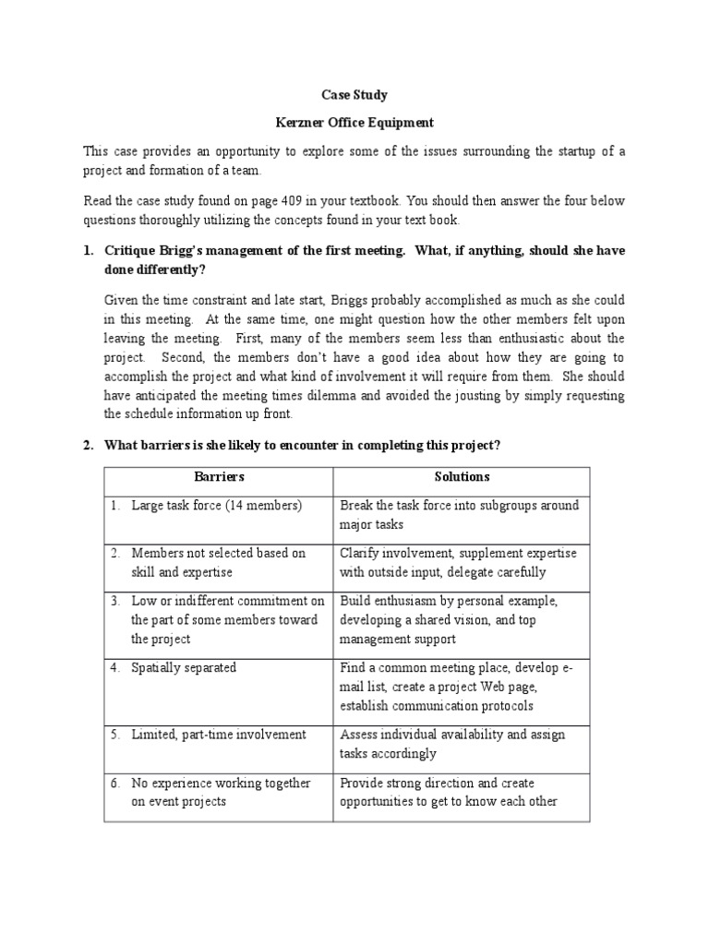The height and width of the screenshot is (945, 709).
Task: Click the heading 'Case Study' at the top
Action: tap(354, 94)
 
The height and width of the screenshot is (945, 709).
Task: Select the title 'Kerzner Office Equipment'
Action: tap(354, 122)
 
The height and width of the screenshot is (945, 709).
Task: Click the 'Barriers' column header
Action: tap(219, 477)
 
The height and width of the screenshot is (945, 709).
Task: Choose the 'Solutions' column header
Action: tap(462, 477)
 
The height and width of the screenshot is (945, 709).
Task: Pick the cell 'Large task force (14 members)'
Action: tap(217, 506)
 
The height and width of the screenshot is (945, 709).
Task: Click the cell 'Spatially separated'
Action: tap(184, 667)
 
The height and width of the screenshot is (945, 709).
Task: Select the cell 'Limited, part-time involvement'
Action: tap(219, 735)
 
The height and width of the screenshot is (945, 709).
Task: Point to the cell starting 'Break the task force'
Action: tap(460, 515)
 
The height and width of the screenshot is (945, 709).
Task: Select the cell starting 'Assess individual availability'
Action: tap(452, 744)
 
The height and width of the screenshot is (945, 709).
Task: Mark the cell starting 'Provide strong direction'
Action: tap(449, 792)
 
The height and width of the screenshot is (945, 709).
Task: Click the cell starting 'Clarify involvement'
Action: tap(459, 562)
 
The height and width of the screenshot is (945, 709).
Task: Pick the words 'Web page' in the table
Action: tap(511, 687)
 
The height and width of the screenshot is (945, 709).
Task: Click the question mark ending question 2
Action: tap(498, 445)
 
